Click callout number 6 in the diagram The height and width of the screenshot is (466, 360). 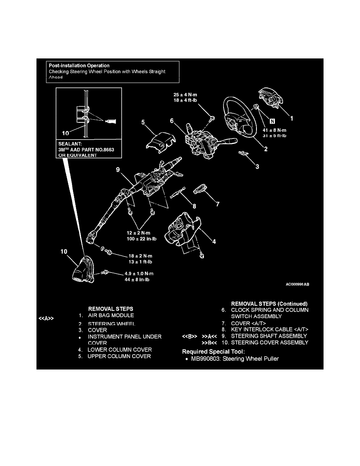click(172, 121)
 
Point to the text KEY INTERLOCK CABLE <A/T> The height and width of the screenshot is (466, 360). click(269, 329)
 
